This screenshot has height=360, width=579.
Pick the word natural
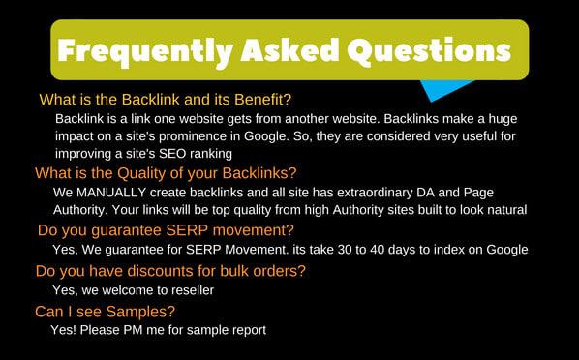503,209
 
